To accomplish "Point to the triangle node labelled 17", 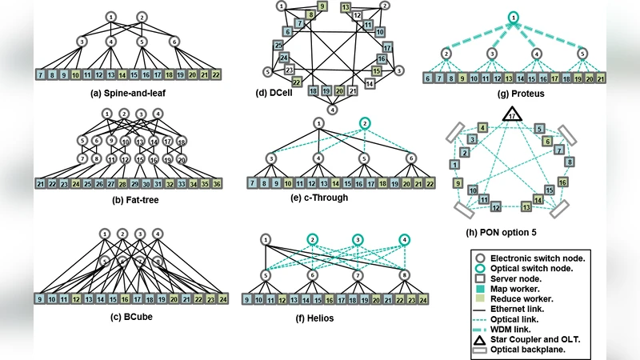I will (510, 116).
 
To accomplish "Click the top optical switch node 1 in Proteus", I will (512, 17).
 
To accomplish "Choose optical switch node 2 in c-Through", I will (364, 123).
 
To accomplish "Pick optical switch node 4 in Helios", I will (404, 239).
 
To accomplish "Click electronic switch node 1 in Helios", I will (266, 238).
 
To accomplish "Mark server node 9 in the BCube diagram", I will (40, 300).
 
